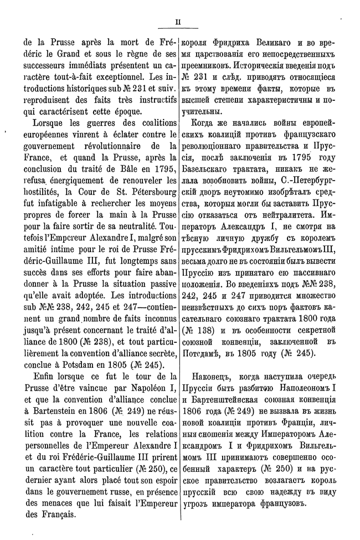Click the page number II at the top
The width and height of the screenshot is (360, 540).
pyautogui.click(x=179, y=23)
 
